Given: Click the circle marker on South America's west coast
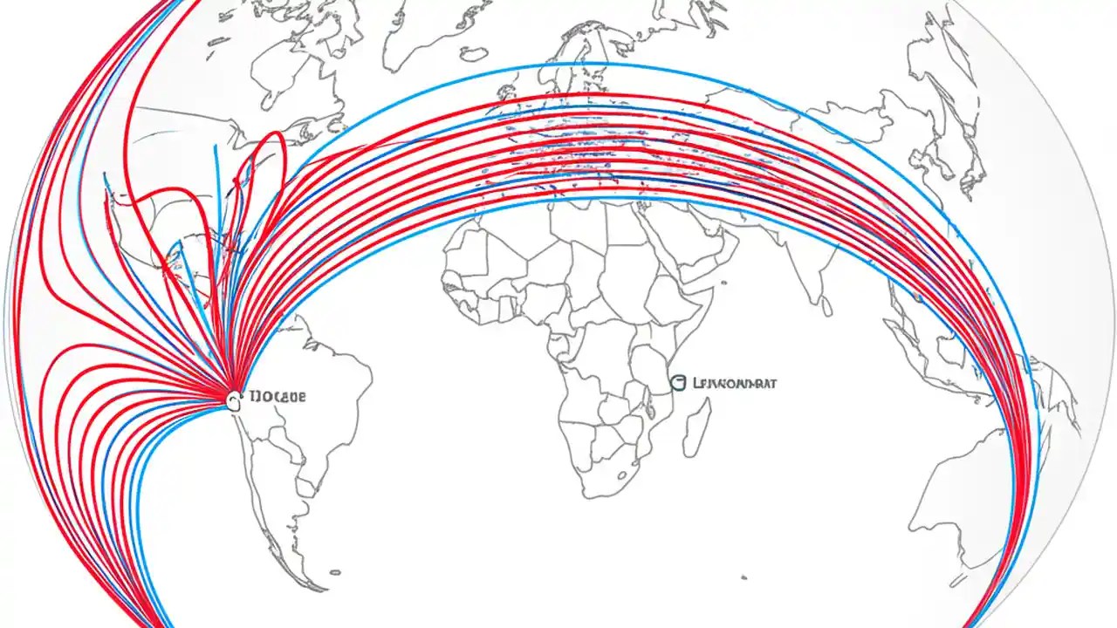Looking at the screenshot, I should click(x=233, y=400).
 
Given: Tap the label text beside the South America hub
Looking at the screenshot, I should click(x=278, y=397).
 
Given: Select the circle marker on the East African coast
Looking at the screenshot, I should click(x=676, y=382).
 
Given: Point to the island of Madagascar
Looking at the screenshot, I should click(x=696, y=427).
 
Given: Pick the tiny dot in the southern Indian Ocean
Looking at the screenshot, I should click(x=743, y=577).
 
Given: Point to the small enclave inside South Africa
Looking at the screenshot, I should click(x=621, y=476).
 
